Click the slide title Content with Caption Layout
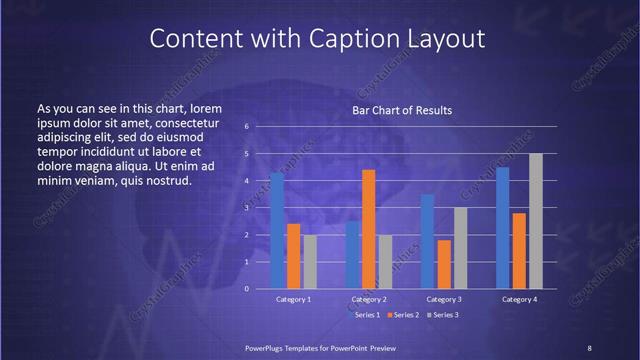pyautogui.click(x=318, y=38)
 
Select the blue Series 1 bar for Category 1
pyautogui.click(x=277, y=230)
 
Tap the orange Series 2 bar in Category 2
pyautogui.click(x=368, y=229)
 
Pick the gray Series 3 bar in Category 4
pyautogui.click(x=535, y=221)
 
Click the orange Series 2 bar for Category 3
pyautogui.click(x=443, y=264)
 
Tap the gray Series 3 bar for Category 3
pyautogui.click(x=460, y=248)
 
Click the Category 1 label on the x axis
pyautogui.click(x=294, y=299)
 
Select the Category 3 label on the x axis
pyautogui.click(x=443, y=299)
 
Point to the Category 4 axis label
pyautogui.click(x=518, y=299)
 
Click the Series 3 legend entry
pyautogui.click(x=443, y=315)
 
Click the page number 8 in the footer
pyautogui.click(x=589, y=347)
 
